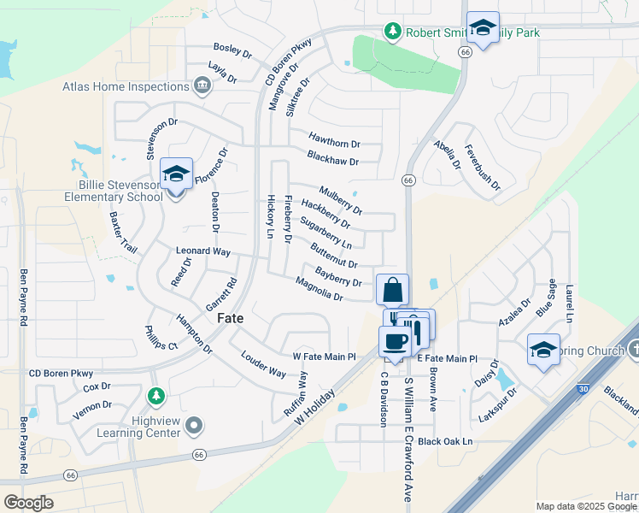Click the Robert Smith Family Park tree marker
(393, 32)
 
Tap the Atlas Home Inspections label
(126, 86)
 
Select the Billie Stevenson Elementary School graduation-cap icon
(176, 174)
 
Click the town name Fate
(231, 317)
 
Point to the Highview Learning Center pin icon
(195, 425)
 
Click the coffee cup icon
(396, 342)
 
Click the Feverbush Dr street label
(482, 167)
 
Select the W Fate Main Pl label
(324, 356)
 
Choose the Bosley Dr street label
(233, 52)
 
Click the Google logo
(28, 502)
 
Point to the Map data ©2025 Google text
(586, 506)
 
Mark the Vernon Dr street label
(94, 405)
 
